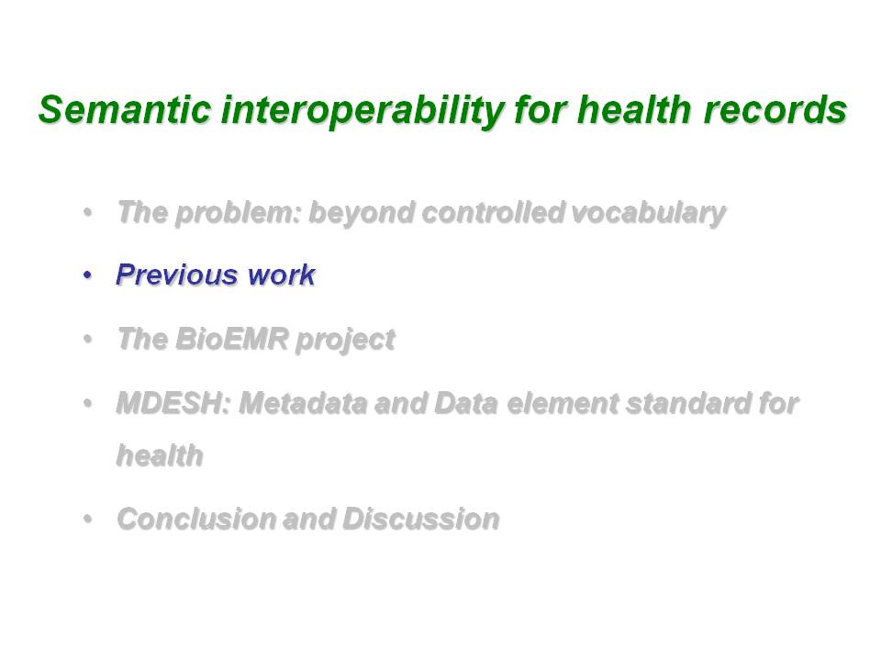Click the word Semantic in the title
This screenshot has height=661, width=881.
(125, 109)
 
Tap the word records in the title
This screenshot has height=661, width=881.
(775, 109)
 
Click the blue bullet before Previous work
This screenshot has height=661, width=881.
(87, 275)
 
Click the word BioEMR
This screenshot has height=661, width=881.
(231, 339)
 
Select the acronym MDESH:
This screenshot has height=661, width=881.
(173, 403)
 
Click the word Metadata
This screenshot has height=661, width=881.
(303, 403)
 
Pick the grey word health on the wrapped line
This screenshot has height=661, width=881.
(160, 455)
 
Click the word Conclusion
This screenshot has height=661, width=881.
(195, 519)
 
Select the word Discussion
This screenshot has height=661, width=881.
(421, 519)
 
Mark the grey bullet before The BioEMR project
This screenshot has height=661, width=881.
(87, 340)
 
